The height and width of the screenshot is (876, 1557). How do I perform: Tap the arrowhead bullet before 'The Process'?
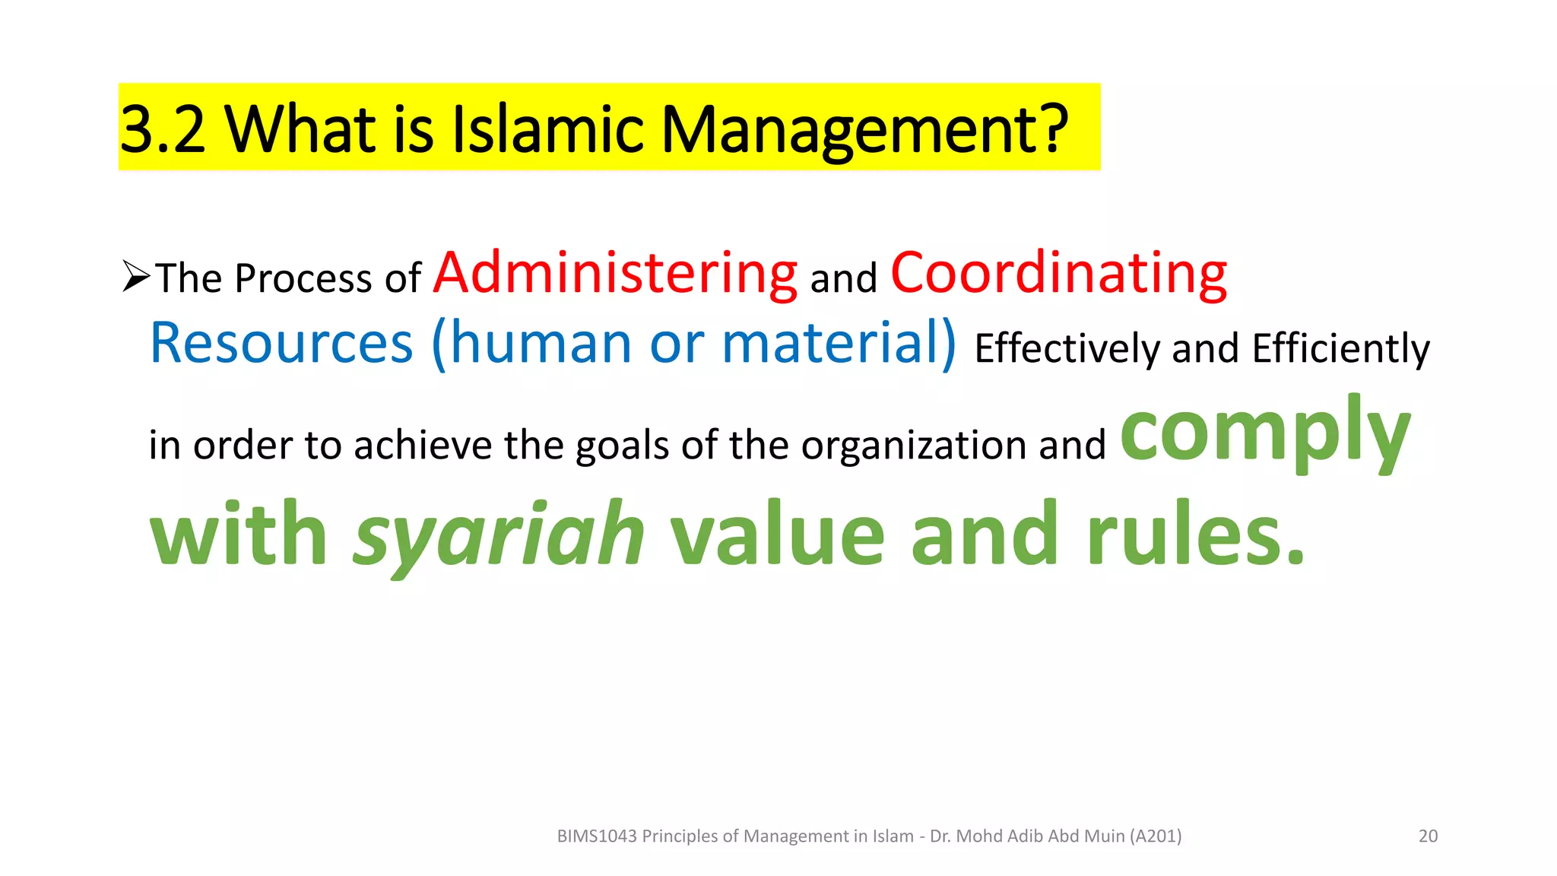click(136, 276)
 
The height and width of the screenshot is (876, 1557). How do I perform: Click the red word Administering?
click(615, 274)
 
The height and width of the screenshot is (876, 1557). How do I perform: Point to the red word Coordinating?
click(1058, 274)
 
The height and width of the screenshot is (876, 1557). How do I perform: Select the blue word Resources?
click(281, 344)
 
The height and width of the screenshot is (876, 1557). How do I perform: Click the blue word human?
click(541, 344)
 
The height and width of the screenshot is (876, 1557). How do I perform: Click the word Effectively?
click(1067, 349)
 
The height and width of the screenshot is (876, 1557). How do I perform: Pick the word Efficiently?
click(1340, 349)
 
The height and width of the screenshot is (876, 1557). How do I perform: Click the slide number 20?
click(1428, 836)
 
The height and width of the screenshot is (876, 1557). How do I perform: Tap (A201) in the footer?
click(1156, 836)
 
